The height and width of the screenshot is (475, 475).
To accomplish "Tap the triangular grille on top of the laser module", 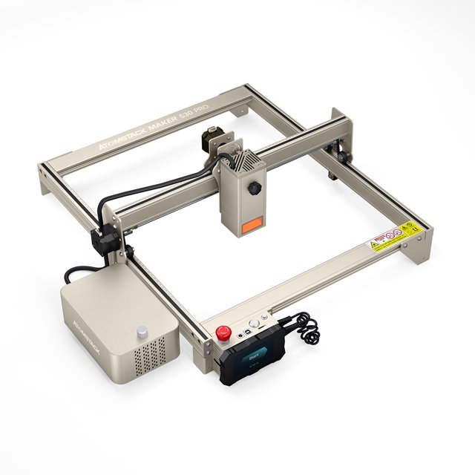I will (x=239, y=159).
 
